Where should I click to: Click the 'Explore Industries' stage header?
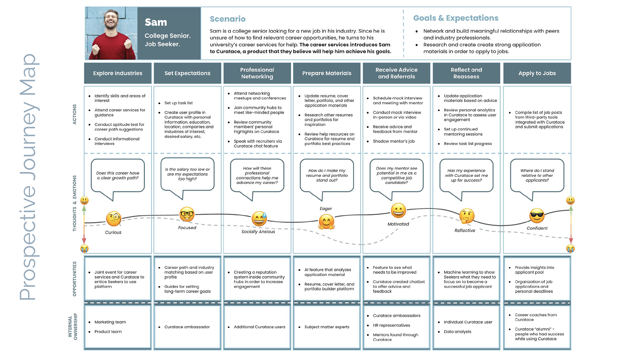pos(118,73)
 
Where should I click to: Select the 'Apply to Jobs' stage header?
pos(537,73)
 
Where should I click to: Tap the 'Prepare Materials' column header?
pos(327,73)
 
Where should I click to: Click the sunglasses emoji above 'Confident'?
pos(537,216)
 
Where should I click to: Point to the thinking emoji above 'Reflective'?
pos(467,216)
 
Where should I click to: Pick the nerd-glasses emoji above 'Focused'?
pos(187,214)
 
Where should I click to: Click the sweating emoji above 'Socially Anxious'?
pos(259,219)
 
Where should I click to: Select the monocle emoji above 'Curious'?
pos(114,219)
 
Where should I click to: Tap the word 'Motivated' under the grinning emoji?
pos(398,224)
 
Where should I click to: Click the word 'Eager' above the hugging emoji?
pos(326,209)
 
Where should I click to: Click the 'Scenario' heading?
pos(228,19)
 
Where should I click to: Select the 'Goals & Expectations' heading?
pos(456,18)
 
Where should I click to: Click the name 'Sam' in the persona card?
pos(156,22)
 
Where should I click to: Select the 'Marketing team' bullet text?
pos(110,322)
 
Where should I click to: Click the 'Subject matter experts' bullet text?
pos(327,327)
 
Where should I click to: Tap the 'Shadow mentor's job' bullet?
pos(394,141)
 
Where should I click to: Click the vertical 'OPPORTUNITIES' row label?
pos(74,279)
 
